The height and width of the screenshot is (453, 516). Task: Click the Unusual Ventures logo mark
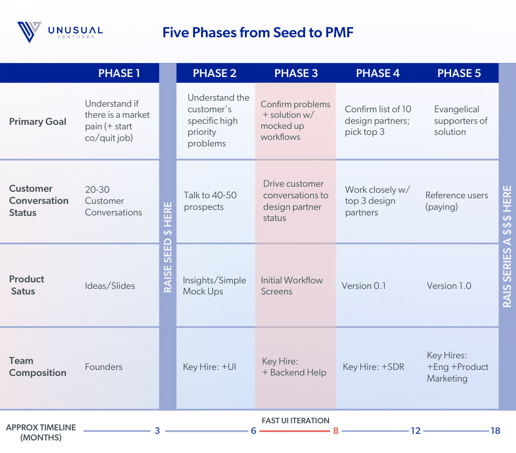click(x=29, y=32)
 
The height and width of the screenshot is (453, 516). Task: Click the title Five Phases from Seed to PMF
click(x=257, y=33)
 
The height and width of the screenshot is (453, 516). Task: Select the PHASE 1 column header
click(x=119, y=73)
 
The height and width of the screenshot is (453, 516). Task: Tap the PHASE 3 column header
click(x=296, y=73)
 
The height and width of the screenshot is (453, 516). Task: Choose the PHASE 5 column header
click(x=459, y=73)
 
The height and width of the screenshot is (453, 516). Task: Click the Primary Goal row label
click(x=37, y=122)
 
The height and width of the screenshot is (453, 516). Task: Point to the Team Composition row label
click(x=37, y=366)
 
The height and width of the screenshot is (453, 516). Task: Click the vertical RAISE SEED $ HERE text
click(x=168, y=247)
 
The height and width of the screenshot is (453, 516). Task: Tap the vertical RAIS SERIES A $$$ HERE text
click(x=507, y=247)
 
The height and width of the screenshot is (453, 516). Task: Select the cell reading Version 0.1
click(x=364, y=286)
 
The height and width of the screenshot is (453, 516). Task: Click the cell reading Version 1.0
click(x=449, y=286)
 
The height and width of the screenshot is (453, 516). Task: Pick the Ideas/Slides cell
click(x=110, y=286)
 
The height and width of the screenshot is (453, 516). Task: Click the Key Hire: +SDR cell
click(x=373, y=367)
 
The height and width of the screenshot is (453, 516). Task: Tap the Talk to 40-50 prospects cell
click(x=210, y=201)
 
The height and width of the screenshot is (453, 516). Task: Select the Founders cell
click(x=104, y=367)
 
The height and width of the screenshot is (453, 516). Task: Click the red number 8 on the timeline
click(x=336, y=431)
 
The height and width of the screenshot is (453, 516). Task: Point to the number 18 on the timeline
click(x=495, y=431)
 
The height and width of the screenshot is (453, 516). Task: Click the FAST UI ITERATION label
click(x=295, y=420)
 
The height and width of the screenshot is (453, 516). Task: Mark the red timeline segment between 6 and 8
click(x=294, y=431)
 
